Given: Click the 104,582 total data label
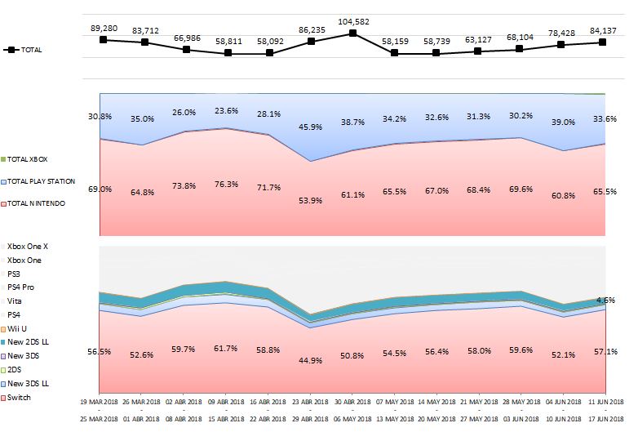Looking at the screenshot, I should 352,21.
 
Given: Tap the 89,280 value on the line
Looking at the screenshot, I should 104,28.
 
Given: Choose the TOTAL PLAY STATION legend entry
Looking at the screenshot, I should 41,181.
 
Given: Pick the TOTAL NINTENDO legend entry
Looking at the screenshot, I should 38,203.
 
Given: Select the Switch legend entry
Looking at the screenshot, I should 20,398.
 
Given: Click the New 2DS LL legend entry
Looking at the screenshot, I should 30,342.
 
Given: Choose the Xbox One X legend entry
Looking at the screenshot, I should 28,246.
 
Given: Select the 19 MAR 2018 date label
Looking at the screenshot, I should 100,403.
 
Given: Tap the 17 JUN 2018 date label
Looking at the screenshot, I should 605,419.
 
